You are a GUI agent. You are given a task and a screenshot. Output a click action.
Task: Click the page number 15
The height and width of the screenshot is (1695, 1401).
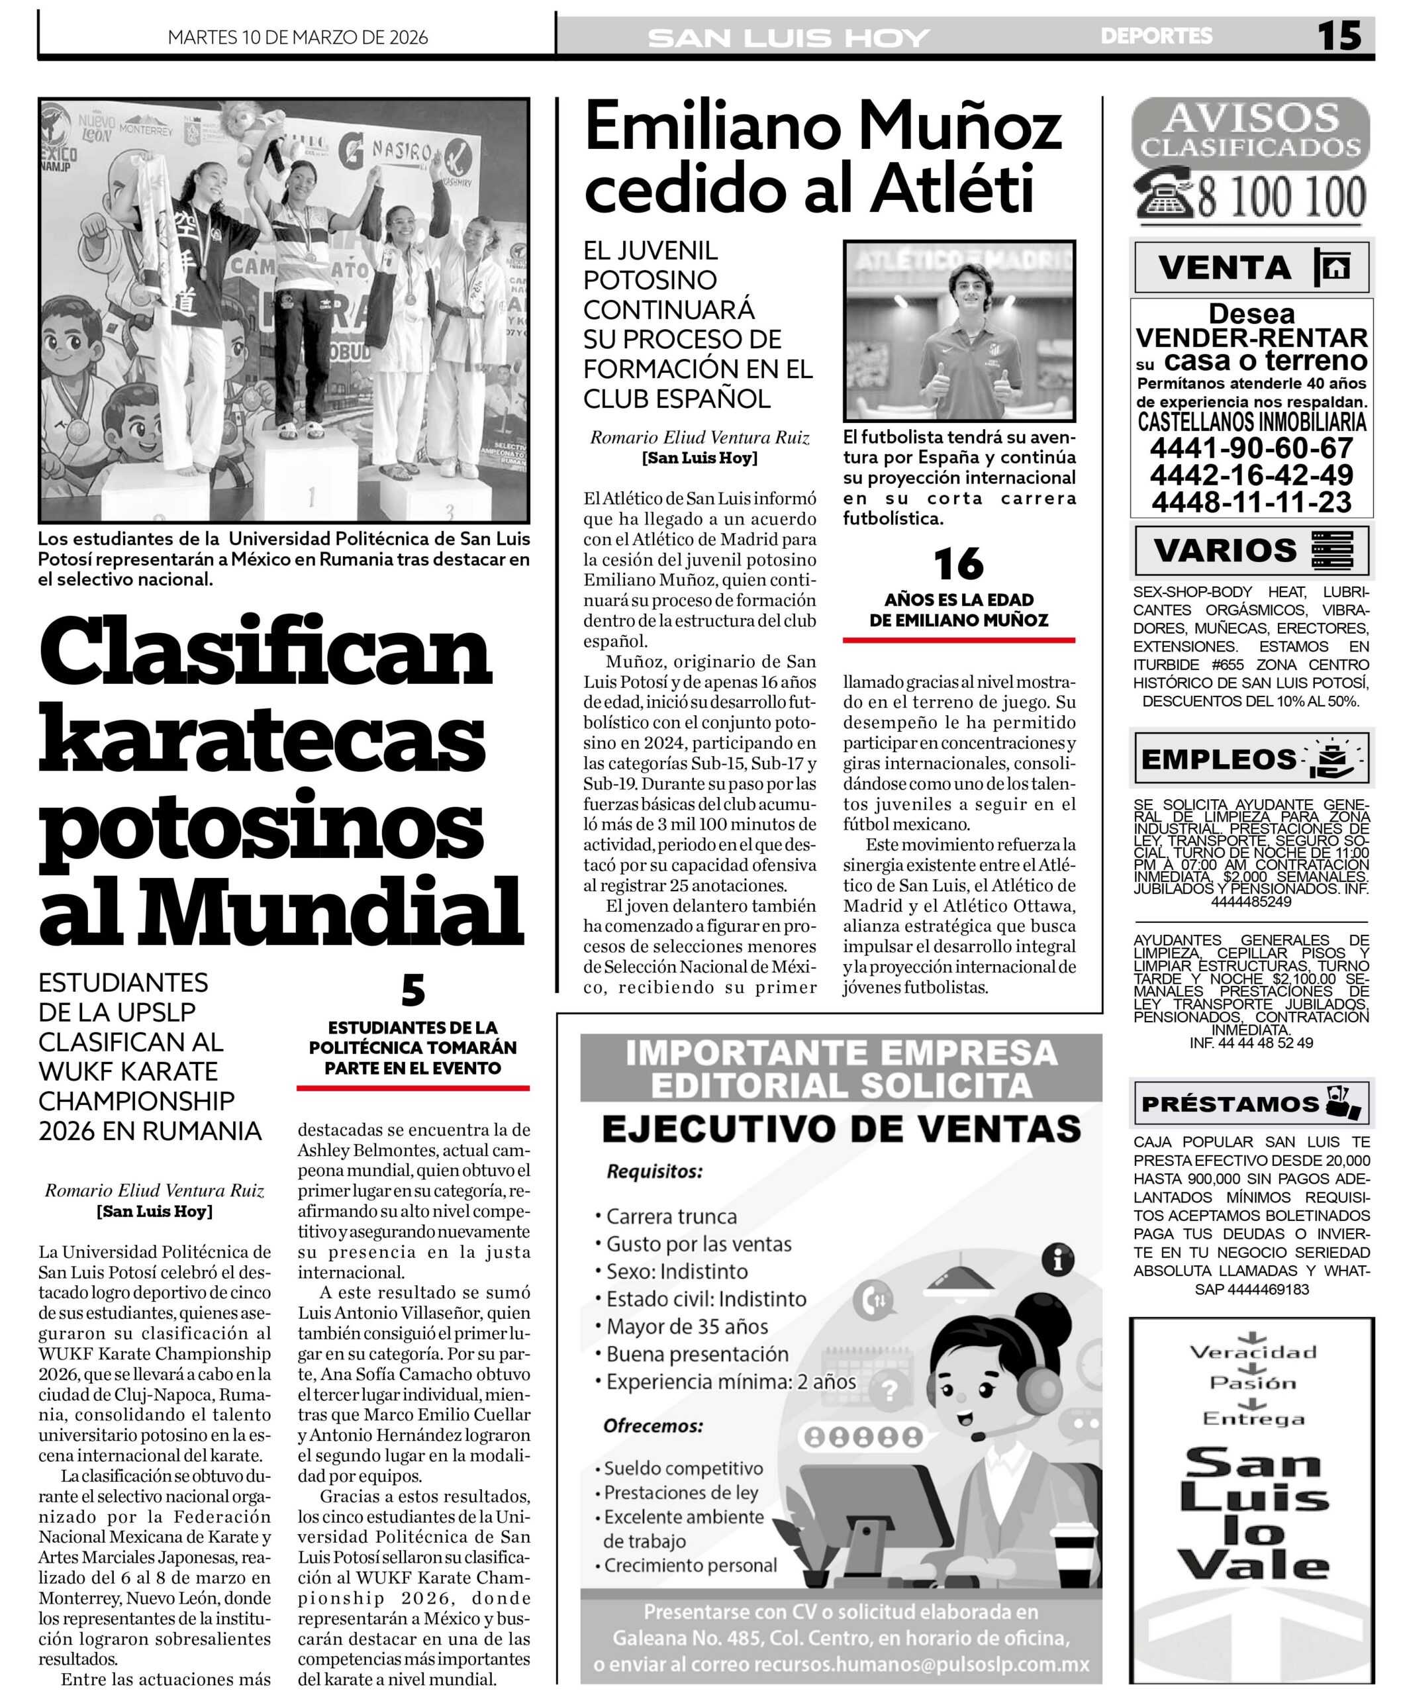tap(1339, 36)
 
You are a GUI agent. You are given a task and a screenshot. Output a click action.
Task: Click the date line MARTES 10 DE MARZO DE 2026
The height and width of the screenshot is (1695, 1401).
tap(297, 37)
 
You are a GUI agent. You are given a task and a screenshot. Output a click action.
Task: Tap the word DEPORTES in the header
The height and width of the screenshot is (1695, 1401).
tap(1155, 36)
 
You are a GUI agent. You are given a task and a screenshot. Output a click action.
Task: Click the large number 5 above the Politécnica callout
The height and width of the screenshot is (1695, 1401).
tap(412, 991)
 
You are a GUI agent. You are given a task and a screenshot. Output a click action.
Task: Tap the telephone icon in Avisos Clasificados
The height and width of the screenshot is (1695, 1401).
tap(1164, 195)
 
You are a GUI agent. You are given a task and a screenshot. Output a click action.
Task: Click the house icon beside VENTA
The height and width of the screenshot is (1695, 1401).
tap(1336, 267)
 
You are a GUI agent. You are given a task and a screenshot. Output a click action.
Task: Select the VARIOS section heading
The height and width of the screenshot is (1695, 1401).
tap(1224, 550)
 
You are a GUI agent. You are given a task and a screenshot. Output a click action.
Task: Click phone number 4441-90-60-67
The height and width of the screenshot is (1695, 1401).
tap(1251, 448)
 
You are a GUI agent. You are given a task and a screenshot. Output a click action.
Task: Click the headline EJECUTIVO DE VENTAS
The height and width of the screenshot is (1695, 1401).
tap(841, 1129)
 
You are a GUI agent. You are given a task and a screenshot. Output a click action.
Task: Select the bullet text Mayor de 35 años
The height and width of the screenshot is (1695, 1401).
tap(687, 1326)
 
